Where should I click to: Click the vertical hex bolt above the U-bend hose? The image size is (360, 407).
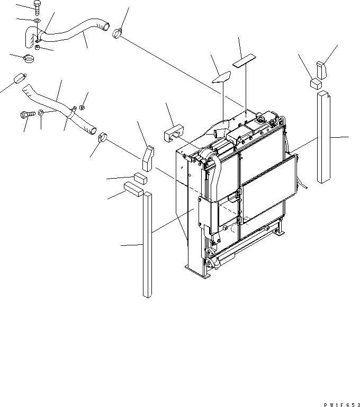click(x=36, y=7)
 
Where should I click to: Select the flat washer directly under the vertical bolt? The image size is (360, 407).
click(x=36, y=21)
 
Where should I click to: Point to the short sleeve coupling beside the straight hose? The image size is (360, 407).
click(x=20, y=79)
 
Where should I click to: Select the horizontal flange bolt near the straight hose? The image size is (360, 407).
click(x=26, y=113)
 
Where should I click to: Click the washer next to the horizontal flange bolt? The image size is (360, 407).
click(x=41, y=113)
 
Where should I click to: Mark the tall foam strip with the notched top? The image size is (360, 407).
click(x=323, y=137)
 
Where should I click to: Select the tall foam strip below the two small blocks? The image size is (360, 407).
click(x=147, y=244)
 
